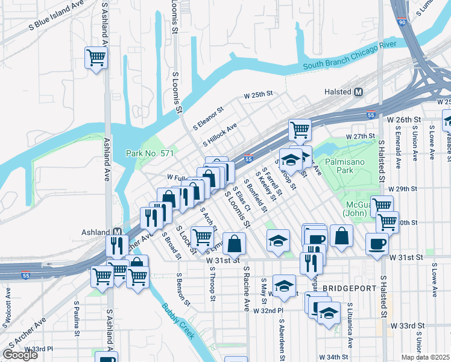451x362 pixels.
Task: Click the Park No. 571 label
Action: point(150,154)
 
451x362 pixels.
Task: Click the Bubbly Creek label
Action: point(177,320)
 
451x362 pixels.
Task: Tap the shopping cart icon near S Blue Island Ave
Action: point(95,57)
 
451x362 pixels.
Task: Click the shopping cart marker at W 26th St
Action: point(300,129)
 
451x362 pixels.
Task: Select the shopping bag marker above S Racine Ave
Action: point(235,244)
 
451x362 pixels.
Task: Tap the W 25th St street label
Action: point(259,95)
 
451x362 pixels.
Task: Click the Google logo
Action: point(19,355)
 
